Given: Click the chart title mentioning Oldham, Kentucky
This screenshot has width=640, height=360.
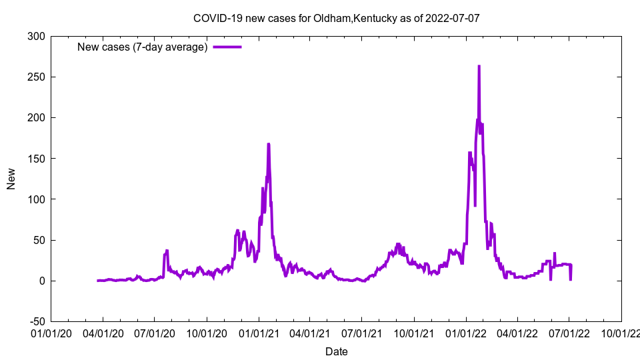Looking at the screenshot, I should point(336,18).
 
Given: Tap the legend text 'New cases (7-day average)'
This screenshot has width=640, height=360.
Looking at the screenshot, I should point(143,47).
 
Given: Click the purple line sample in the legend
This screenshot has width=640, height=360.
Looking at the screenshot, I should point(227,47).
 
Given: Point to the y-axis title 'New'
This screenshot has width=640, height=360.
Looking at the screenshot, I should point(11,179).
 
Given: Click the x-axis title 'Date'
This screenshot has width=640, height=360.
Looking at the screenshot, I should point(336,351).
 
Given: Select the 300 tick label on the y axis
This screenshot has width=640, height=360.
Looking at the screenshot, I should point(36,36).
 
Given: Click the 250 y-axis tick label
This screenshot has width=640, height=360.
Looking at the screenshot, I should point(36,77).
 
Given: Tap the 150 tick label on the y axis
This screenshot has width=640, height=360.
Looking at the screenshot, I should point(36,159).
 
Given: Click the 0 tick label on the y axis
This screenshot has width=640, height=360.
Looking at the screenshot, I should point(42,281).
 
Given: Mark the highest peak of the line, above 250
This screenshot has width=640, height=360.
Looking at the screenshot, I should point(479,66).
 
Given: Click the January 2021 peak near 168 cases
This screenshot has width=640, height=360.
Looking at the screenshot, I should point(268,144).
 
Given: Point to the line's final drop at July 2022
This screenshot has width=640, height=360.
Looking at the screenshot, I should point(570,279).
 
